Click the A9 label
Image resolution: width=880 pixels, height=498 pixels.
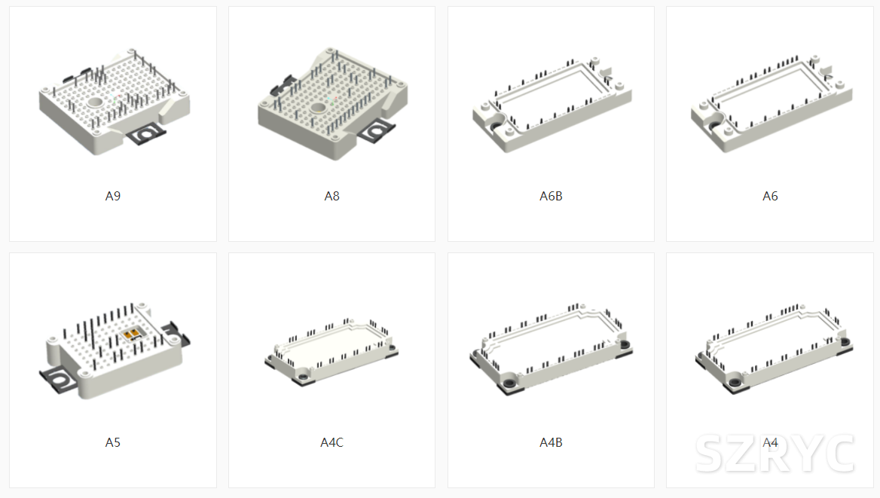pyautogui.click(x=113, y=196)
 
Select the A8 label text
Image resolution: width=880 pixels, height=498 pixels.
pyautogui.click(x=332, y=196)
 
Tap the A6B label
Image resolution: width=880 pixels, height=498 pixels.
pyautogui.click(x=551, y=196)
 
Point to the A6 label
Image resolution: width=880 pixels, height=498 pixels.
pyautogui.click(x=770, y=196)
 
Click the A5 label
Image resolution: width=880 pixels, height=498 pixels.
pyautogui.click(x=113, y=442)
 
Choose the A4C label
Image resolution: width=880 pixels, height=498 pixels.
pyautogui.click(x=332, y=442)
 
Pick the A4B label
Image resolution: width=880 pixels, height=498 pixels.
pyautogui.click(x=551, y=442)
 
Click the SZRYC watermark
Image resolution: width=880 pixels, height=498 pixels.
pyautogui.click(x=775, y=454)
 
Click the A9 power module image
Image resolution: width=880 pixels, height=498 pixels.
pyautogui.click(x=115, y=101)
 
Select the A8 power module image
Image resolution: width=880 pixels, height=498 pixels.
pyautogui.click(x=333, y=104)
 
